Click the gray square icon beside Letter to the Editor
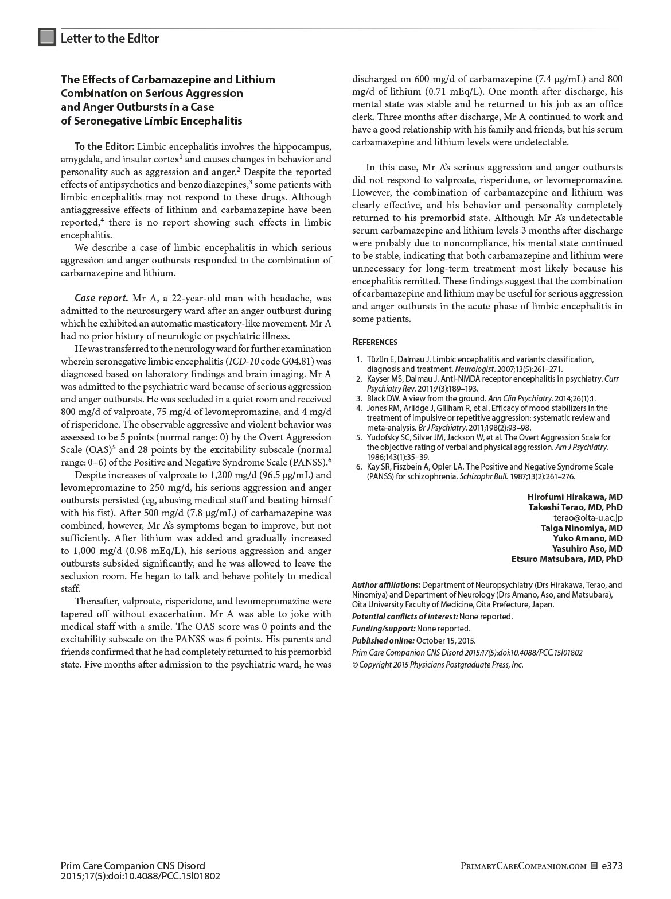(x=47, y=37)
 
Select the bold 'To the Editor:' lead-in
(x=104, y=146)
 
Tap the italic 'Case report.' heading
(x=101, y=299)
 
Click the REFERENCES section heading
(x=374, y=342)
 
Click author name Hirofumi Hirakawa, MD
(x=575, y=497)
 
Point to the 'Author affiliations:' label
(x=386, y=585)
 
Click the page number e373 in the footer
(x=612, y=866)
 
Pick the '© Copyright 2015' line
(x=437, y=665)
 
